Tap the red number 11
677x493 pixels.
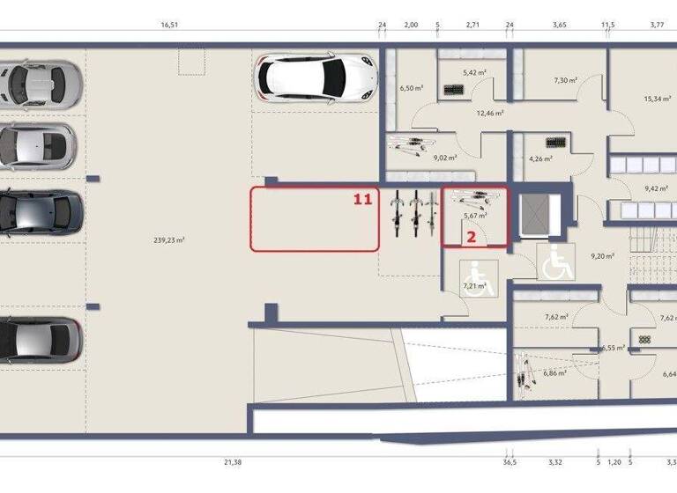(x=362, y=200)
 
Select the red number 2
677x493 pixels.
(x=472, y=236)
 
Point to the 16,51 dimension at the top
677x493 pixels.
(x=169, y=26)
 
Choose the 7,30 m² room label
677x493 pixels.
(x=565, y=80)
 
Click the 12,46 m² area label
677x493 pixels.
(x=489, y=113)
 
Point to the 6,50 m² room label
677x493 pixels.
(x=410, y=88)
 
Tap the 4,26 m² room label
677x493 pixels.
(x=540, y=159)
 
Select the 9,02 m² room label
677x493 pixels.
(x=445, y=159)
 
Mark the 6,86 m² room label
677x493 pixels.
(x=554, y=373)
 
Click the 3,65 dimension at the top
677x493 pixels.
(x=559, y=26)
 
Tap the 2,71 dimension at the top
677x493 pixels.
(x=472, y=26)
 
